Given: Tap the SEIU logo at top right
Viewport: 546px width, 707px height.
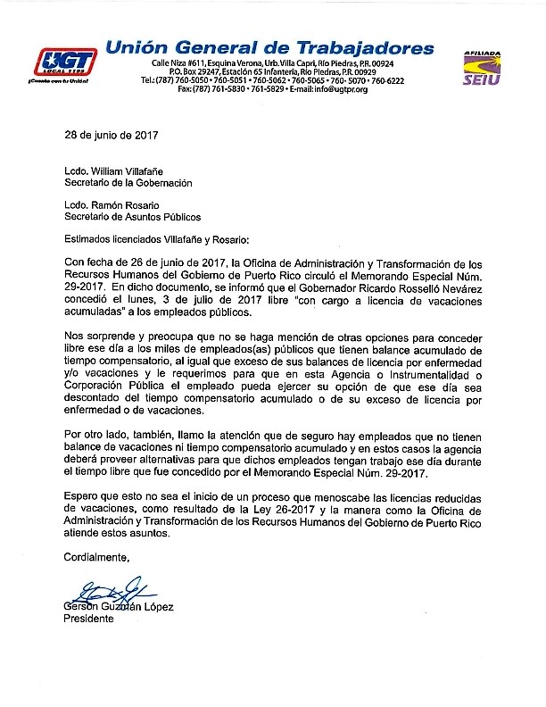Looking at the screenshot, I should [x=482, y=68].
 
